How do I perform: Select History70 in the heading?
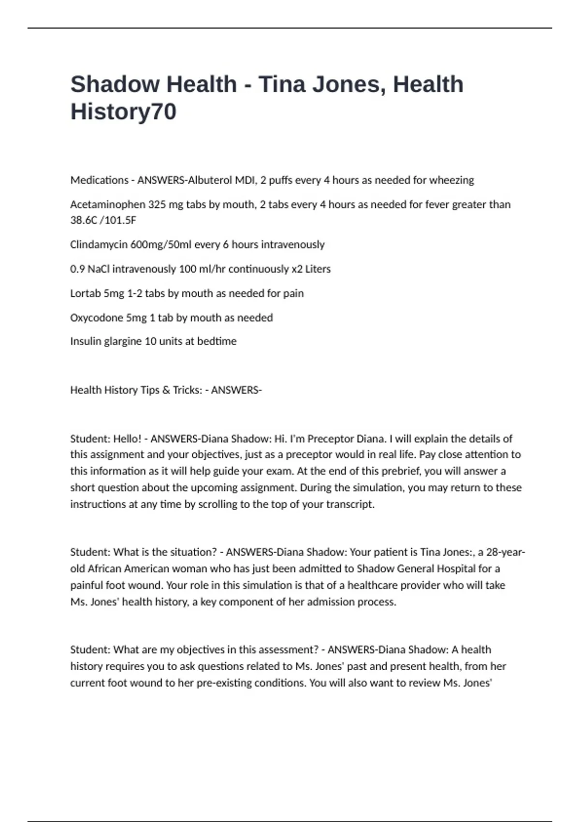point(123,112)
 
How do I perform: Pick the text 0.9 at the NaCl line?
point(77,269)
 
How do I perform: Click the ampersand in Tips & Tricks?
point(166,390)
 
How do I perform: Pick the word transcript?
point(350,504)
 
